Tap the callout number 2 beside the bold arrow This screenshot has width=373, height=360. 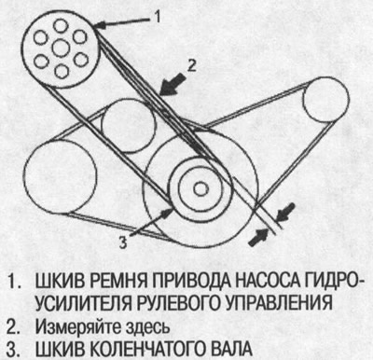[189, 65]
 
